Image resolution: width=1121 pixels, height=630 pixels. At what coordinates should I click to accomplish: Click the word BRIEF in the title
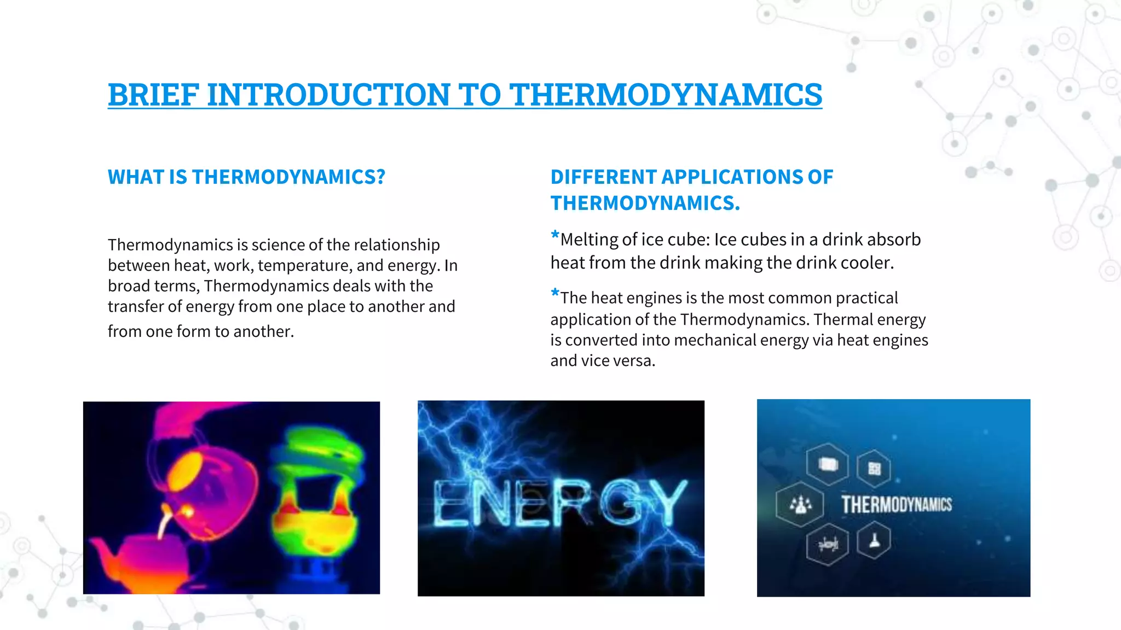[x=153, y=95]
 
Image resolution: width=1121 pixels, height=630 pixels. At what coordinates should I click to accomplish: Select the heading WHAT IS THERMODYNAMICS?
[x=246, y=177]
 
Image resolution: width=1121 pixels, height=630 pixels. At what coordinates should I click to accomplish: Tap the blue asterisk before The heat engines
[x=555, y=294]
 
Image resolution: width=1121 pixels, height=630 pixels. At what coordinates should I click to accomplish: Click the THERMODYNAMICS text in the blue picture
[x=897, y=504]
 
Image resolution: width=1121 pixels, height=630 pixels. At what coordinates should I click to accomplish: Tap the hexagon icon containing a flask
[x=874, y=541]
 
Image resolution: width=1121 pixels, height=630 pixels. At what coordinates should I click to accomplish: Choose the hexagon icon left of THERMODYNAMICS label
[x=800, y=504]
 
